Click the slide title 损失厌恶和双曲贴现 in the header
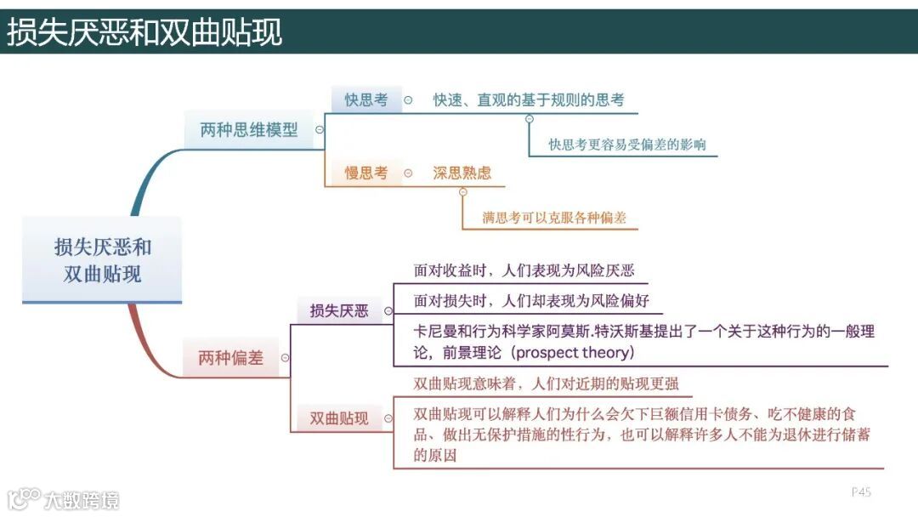[145, 31]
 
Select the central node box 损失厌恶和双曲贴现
[102, 260]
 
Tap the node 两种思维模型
[249, 130]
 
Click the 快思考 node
[365, 100]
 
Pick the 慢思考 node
[365, 173]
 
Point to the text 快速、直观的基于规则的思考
[529, 100]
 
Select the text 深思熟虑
[462, 173]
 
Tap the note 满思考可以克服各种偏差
[554, 218]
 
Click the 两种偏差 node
[230, 358]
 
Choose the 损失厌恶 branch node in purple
[339, 310]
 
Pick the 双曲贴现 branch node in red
[339, 418]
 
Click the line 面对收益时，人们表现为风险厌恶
[524, 271]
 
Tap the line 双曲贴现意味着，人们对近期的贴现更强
[546, 383]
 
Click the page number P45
[861, 491]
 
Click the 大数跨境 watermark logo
[64, 498]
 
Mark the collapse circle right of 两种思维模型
[320, 130]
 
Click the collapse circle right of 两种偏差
[285, 358]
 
